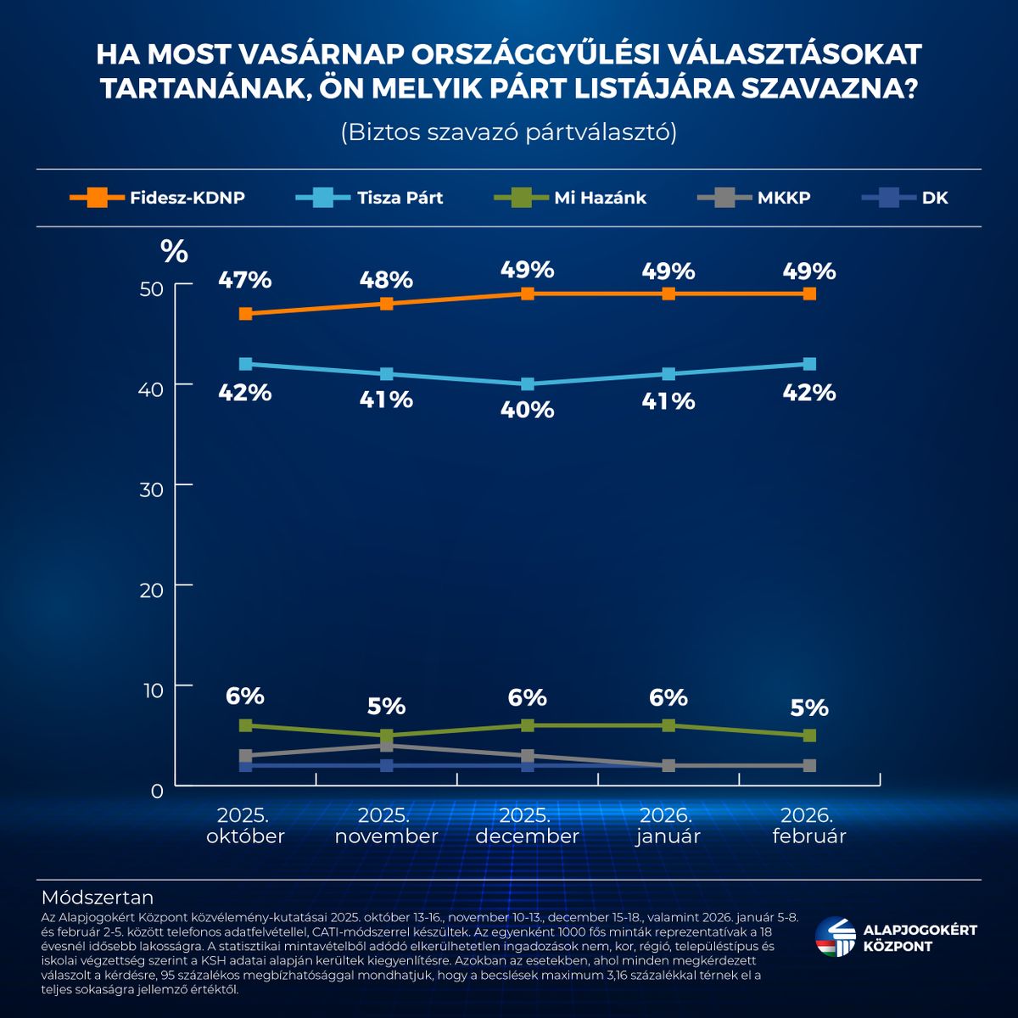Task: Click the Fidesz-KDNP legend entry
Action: [x=158, y=198]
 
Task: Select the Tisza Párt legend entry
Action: [x=370, y=198]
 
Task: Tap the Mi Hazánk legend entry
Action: [x=570, y=198]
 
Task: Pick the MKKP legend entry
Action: [x=753, y=198]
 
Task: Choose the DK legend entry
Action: [x=904, y=198]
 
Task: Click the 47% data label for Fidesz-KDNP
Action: [x=244, y=279]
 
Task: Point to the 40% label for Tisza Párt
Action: [x=527, y=410]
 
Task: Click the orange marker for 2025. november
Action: [x=386, y=304]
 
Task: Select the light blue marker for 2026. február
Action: [x=809, y=364]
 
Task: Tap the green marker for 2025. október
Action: [x=245, y=725]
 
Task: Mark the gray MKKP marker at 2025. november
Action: [x=386, y=746]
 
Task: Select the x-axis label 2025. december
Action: [x=527, y=825]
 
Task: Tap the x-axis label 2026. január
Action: [x=668, y=825]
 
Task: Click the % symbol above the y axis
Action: [x=174, y=251]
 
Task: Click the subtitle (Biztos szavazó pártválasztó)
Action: [x=508, y=132]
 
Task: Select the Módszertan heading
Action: [x=98, y=898]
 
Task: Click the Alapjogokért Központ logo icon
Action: [x=836, y=937]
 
